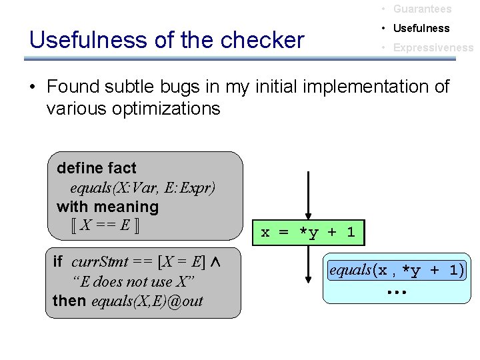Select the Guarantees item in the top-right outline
pos(422,9)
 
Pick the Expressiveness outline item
pos(433,48)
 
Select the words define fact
pos(97,168)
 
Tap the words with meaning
pos(108,207)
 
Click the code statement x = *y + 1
pos(308,233)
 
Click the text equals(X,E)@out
pos(147,301)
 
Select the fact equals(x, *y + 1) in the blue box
pos(397,270)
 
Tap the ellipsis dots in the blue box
pos(397,292)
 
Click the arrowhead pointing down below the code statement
pos(308,276)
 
